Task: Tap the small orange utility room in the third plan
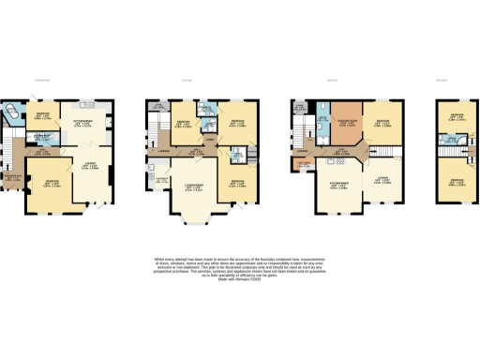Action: point(303,167)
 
